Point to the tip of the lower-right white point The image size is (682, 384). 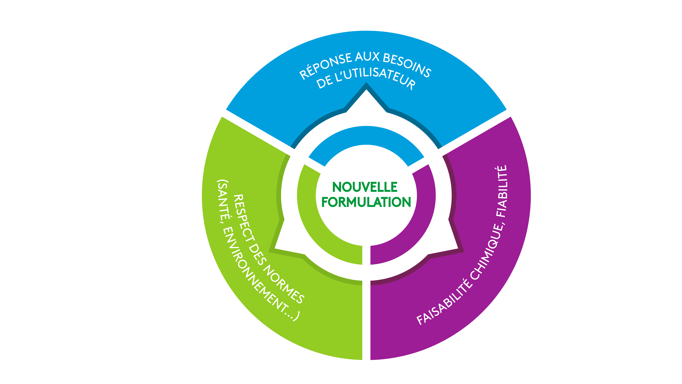[458, 249]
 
